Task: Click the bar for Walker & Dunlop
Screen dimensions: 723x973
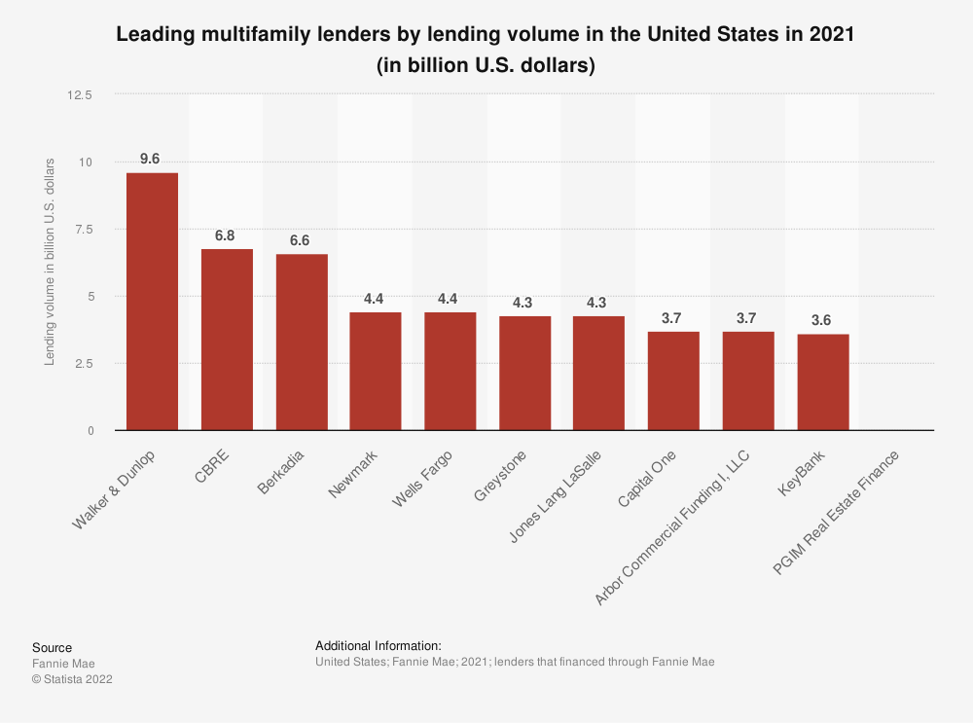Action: pos(152,302)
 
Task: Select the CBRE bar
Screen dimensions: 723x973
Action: pos(227,340)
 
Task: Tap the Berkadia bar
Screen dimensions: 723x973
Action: pos(302,343)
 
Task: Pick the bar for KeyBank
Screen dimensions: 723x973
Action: pos(823,382)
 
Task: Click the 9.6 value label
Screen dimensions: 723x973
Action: pos(152,159)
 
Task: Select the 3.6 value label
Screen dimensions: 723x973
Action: pos(823,320)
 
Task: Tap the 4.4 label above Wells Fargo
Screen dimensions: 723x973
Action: pos(448,299)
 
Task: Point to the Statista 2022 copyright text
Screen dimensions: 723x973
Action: pos(72,679)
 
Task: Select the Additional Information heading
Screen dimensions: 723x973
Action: pos(378,645)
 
